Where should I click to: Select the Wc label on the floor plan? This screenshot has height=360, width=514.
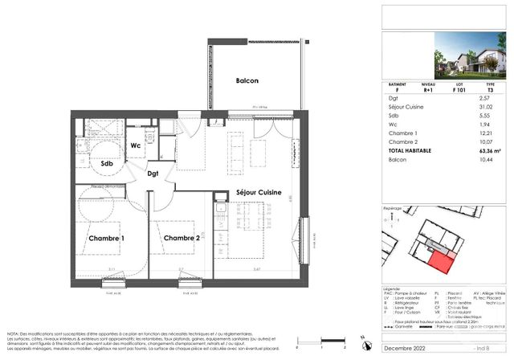point(137,145)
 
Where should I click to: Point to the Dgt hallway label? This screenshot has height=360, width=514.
point(153,173)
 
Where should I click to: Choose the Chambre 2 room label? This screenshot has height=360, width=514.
point(181,239)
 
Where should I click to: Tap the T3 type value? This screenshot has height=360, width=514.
point(487,89)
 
